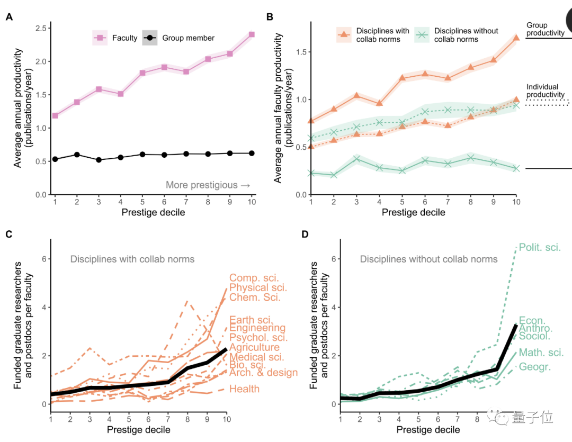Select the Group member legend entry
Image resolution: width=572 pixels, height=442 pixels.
180,38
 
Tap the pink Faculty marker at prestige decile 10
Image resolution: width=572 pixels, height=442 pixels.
252,34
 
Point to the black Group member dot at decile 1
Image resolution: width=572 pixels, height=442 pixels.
55,159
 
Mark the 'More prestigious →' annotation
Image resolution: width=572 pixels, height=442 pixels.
208,185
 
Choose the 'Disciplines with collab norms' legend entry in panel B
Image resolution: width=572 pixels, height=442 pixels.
373,35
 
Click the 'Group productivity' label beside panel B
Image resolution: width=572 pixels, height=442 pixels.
545,29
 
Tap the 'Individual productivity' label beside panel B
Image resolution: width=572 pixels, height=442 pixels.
546,91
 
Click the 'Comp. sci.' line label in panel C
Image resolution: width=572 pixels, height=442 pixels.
254,278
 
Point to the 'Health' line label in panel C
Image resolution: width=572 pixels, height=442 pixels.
244,389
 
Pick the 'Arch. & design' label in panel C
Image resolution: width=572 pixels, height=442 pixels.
263,373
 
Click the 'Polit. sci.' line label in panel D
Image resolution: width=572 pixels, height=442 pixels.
540,247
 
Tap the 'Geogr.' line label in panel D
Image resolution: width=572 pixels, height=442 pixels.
534,367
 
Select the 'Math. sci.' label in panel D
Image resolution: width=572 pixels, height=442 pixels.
541,353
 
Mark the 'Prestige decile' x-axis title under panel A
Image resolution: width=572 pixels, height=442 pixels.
153,213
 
